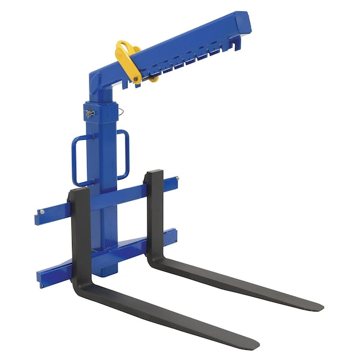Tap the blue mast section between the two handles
pos(101,156)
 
